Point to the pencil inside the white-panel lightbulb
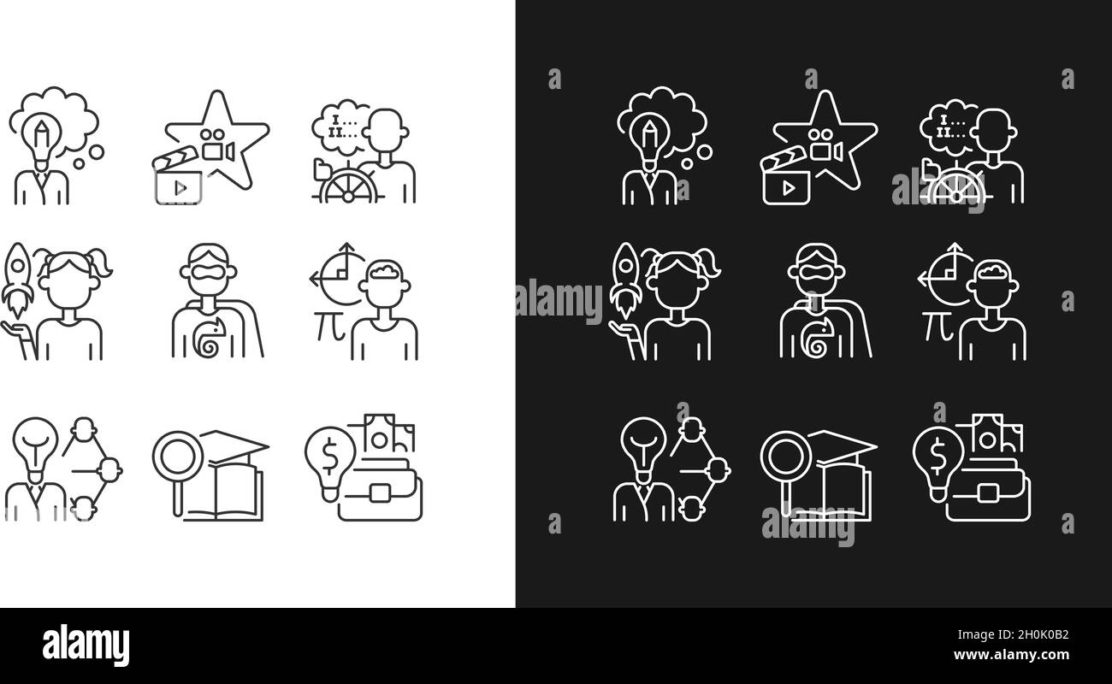point(40,135)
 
